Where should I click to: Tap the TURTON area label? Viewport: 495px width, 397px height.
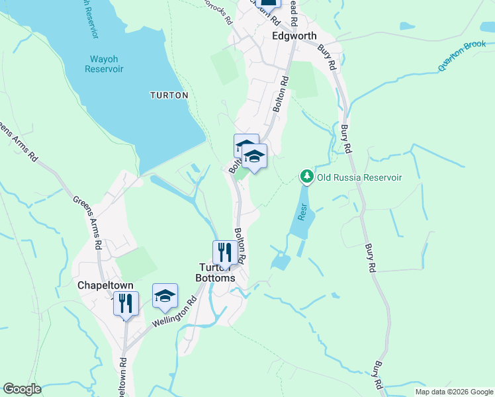coord(169,95)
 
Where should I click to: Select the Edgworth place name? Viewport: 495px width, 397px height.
coord(294,36)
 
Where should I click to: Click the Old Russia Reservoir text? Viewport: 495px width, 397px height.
coord(359,177)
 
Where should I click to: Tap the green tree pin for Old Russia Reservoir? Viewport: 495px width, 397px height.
coord(306,177)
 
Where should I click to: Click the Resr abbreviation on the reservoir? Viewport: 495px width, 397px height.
coord(303,211)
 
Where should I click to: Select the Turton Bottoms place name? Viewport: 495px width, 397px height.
coord(217,273)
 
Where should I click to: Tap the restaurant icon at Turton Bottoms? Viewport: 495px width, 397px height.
coord(225,252)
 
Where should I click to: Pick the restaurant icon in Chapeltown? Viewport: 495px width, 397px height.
coord(125,303)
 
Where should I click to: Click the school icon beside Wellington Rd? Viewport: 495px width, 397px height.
coord(165,295)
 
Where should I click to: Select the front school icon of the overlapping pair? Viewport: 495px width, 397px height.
coord(253,157)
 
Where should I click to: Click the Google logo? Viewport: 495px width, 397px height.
coord(22,389)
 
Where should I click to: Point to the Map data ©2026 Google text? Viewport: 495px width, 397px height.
coord(453,392)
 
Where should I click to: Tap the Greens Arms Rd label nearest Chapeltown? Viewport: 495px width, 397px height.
coord(87,222)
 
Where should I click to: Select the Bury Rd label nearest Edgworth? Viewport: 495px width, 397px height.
coord(328,57)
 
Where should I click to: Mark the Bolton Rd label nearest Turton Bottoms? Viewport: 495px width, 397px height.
coord(242,245)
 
